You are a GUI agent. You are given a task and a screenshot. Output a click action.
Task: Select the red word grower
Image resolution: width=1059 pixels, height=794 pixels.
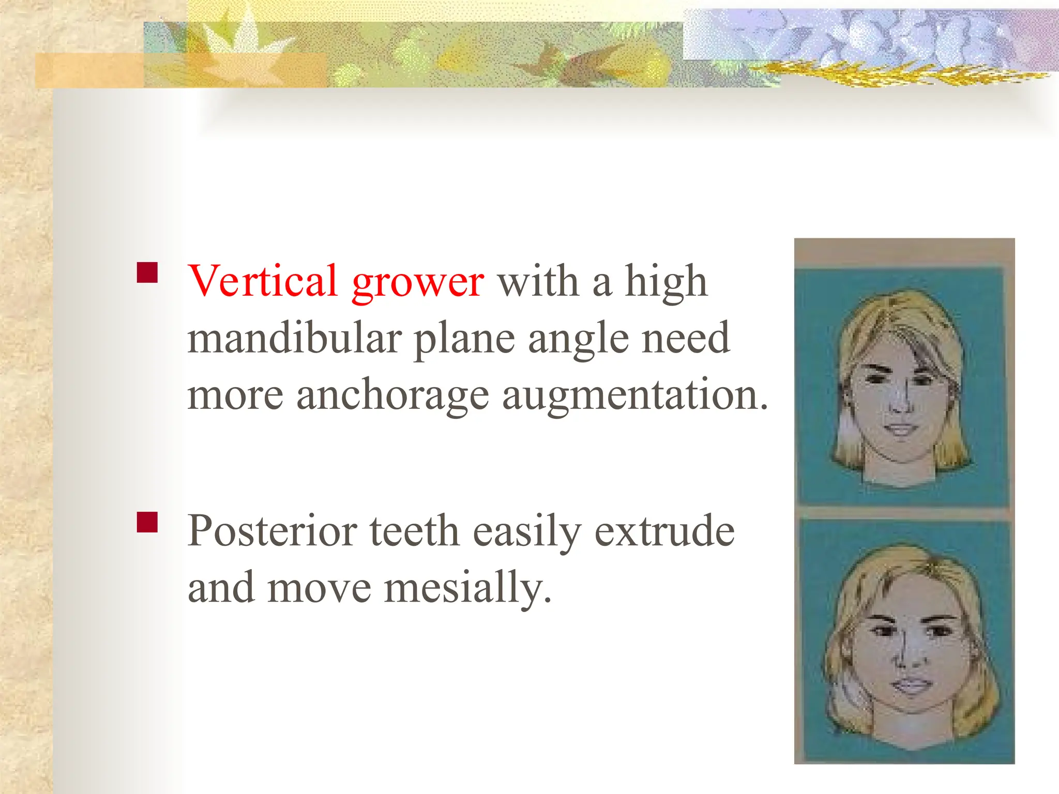tap(417, 283)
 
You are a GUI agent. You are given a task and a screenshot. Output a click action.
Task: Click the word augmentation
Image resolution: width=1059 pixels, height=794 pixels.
tap(635, 395)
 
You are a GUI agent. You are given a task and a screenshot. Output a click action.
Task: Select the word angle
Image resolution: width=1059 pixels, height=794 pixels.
tap(578, 340)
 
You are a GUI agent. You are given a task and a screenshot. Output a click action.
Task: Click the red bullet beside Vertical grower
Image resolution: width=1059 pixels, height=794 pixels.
tap(147, 272)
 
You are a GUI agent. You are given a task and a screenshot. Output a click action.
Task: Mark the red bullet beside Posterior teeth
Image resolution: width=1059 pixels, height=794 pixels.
tap(147, 522)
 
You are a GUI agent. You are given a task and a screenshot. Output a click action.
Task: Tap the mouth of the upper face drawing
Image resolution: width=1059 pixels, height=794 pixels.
tap(901, 429)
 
